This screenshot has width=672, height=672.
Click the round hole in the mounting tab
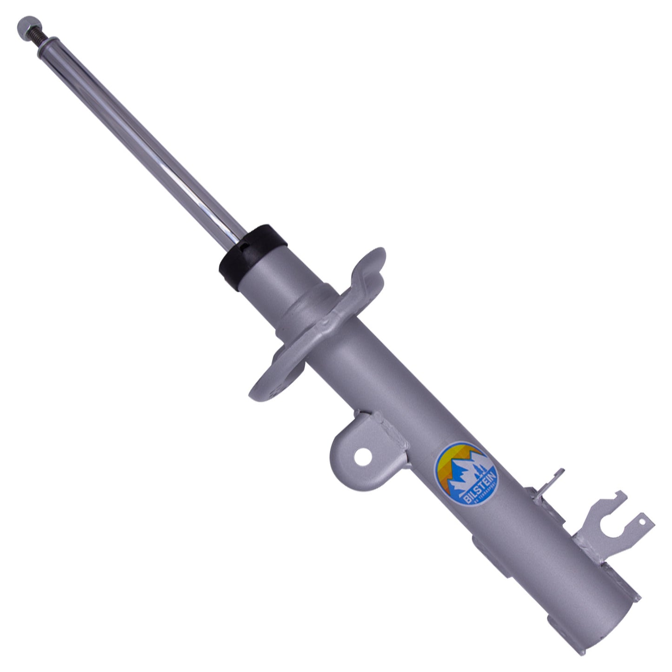362,457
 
